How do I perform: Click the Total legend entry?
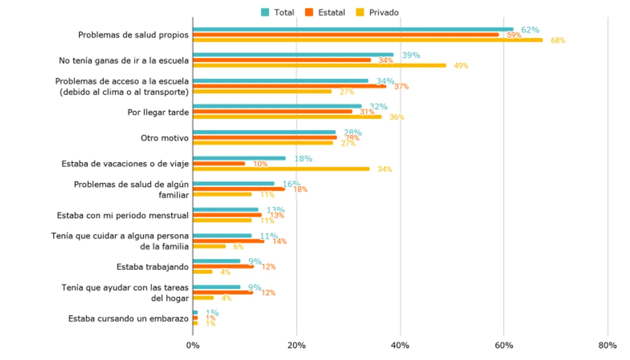point(278,12)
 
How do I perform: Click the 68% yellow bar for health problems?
point(368,40)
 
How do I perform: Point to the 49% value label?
point(461,65)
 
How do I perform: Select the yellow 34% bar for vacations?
point(281,169)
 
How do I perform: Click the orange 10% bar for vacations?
point(219,163)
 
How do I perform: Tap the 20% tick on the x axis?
point(296,345)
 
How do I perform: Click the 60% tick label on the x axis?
point(504,345)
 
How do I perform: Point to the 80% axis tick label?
point(607,345)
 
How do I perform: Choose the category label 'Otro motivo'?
point(165,138)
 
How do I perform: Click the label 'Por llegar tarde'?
point(158,112)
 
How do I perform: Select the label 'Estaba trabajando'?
point(153,267)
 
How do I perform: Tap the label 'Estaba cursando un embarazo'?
point(129,318)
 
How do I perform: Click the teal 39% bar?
point(293,55)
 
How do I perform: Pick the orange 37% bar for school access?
point(289,86)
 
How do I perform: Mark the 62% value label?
point(530,30)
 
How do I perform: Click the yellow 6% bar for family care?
point(209,246)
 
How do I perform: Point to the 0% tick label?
point(193,345)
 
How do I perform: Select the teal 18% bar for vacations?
point(239,158)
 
